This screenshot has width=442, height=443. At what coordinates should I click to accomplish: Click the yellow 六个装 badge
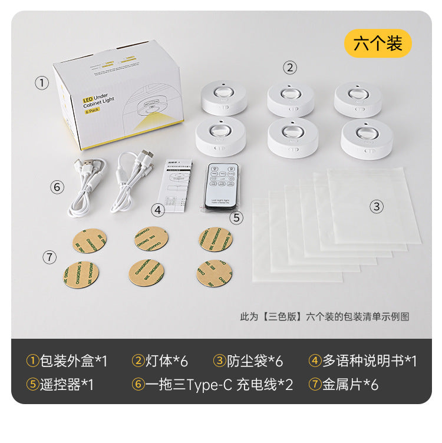[378, 43]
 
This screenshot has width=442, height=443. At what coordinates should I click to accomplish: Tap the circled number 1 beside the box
[41, 83]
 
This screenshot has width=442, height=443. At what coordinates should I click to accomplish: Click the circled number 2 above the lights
[289, 67]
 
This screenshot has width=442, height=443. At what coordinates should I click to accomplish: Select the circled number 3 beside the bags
[377, 206]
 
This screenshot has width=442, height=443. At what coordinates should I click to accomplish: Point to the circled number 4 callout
[157, 209]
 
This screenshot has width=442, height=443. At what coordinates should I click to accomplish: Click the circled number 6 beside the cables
[57, 187]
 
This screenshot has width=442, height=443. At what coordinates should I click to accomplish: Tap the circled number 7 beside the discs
[50, 257]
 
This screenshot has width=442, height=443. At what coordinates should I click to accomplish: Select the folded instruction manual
[177, 184]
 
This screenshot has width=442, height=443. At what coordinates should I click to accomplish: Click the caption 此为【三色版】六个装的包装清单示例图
[324, 316]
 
